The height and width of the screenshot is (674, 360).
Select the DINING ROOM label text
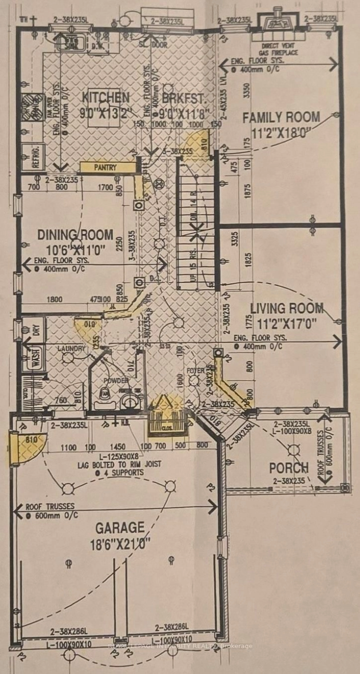(75, 235)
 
